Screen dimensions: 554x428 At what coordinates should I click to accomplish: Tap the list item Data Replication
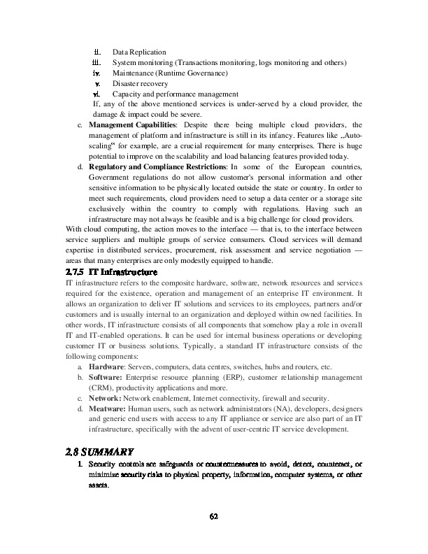click(139, 52)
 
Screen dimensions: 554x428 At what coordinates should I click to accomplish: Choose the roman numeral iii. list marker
click(98, 63)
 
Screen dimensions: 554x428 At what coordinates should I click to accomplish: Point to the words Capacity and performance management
click(175, 94)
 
